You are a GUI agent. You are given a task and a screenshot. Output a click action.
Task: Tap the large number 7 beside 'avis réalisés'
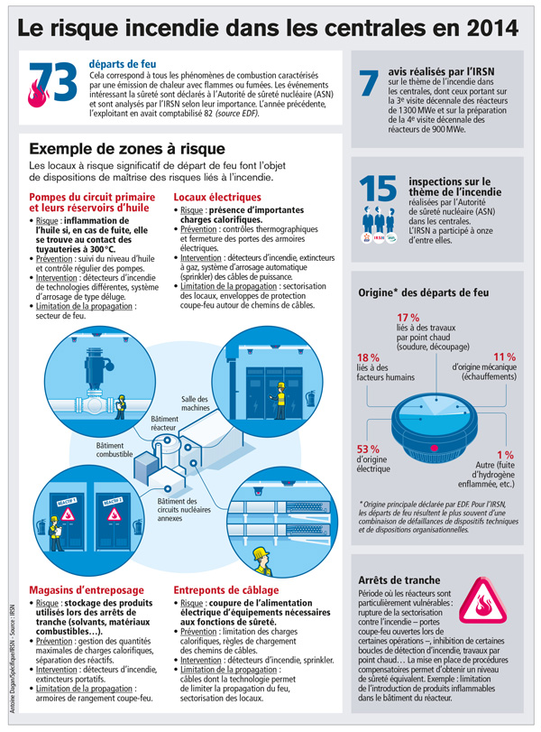[370, 83]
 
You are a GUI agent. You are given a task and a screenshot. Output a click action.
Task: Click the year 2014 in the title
[484, 27]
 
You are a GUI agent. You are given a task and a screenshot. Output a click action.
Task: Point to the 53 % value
[368, 449]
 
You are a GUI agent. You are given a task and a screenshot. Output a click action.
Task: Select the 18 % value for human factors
[369, 358]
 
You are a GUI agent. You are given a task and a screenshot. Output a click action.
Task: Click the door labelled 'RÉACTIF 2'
[113, 512]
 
